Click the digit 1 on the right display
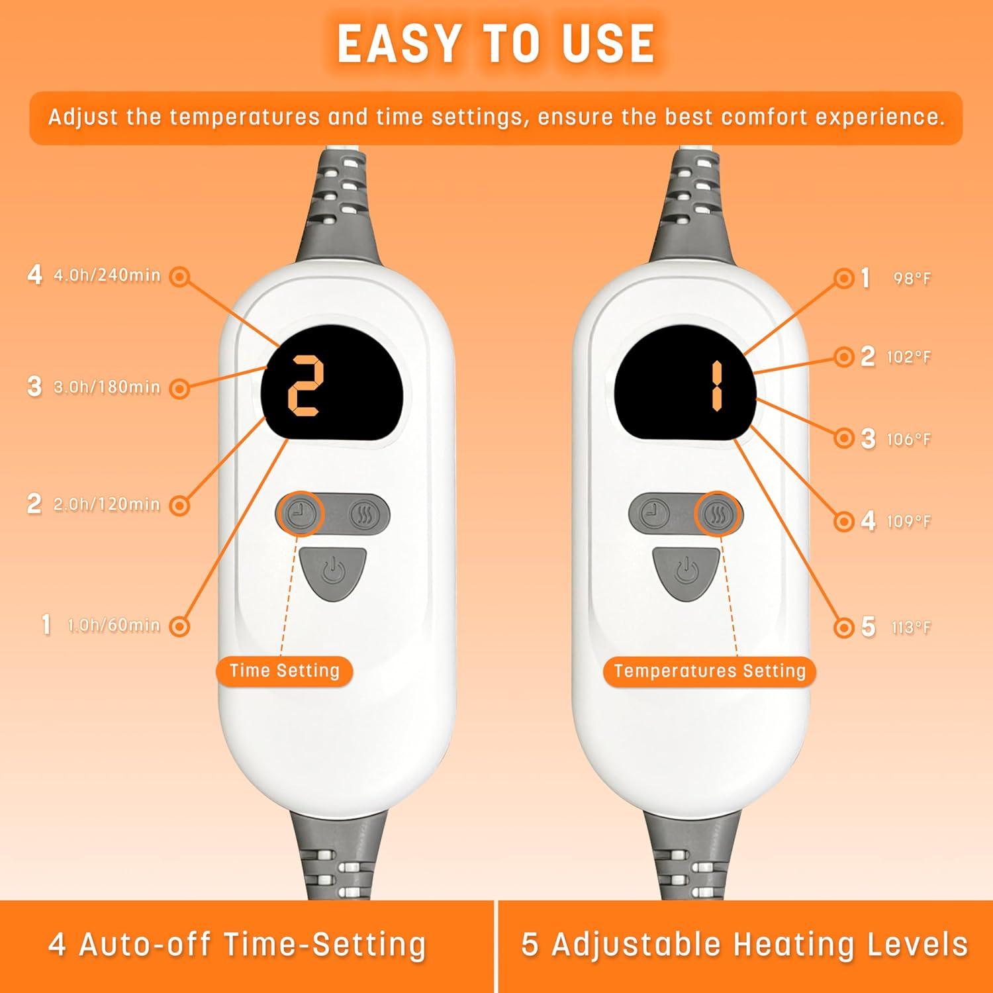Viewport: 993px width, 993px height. point(716,387)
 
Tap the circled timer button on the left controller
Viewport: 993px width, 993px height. point(302,514)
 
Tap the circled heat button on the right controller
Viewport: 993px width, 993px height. point(718,514)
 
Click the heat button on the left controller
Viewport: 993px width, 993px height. point(363,514)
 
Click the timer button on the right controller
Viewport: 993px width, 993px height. point(655,514)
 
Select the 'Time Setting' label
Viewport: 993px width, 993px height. point(285,671)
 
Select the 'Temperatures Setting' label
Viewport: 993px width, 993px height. point(710,671)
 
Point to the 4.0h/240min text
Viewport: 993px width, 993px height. point(107,275)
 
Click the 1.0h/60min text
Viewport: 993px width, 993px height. point(115,625)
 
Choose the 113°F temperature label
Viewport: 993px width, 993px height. point(911,628)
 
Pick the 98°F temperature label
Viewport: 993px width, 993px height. point(912,279)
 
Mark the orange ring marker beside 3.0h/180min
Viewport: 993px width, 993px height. point(179,389)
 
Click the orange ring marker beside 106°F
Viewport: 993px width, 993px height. point(844,438)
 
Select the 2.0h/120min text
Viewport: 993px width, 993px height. point(107,504)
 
